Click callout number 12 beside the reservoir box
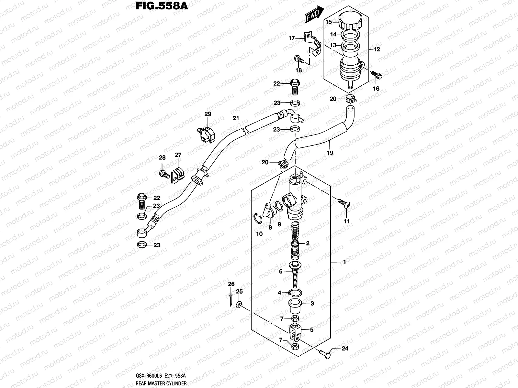(377, 49)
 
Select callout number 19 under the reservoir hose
(330, 153)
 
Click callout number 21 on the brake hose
(235, 118)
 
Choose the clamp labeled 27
(177, 176)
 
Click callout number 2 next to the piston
(308, 243)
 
